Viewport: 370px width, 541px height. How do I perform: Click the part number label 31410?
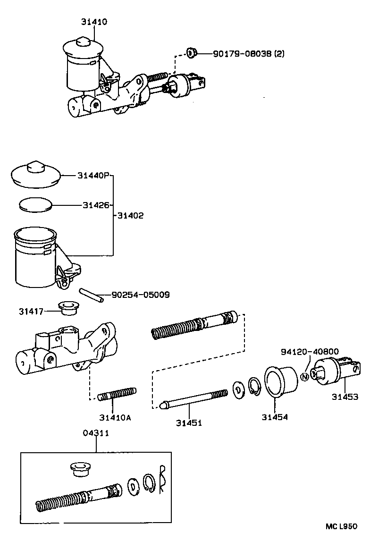pos(93,22)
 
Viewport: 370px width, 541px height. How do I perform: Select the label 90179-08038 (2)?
pos(249,54)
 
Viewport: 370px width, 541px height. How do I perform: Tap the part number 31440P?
pos(93,176)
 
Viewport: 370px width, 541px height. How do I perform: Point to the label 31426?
pos(96,205)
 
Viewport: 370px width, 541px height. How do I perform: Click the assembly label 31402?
pos(130,216)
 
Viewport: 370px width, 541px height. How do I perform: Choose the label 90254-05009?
pos(140,295)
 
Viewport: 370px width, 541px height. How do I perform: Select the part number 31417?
pos(31,311)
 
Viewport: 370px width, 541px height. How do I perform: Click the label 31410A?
pos(115,417)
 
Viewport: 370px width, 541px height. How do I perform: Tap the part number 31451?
pos(189,423)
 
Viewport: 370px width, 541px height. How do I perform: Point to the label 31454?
pos(275,417)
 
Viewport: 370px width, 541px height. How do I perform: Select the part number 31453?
pos(344,397)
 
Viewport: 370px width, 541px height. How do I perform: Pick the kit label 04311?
pos(96,433)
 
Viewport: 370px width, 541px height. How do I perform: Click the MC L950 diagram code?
pos(341,526)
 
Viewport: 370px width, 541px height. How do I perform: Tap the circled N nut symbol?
pos(304,377)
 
